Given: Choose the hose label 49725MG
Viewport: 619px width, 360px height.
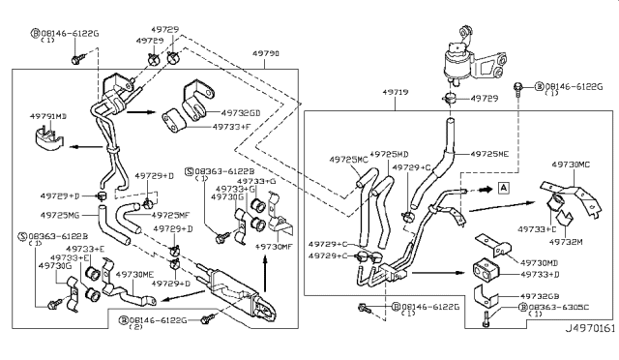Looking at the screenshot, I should [62, 214].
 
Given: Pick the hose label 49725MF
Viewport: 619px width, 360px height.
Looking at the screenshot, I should [172, 214].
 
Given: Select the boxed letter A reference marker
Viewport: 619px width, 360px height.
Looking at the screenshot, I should [505, 189].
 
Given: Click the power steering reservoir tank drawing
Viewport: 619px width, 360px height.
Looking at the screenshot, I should [463, 61].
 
